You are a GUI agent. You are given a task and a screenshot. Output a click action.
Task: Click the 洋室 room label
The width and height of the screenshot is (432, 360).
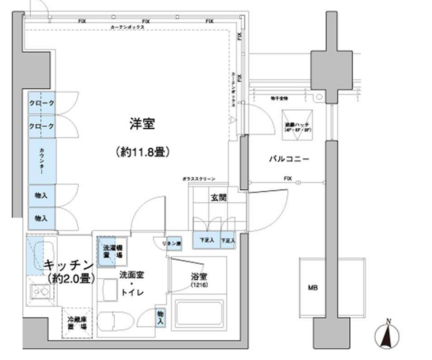tap(140, 124)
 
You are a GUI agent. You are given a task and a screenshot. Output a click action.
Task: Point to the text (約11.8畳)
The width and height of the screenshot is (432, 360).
tap(140, 152)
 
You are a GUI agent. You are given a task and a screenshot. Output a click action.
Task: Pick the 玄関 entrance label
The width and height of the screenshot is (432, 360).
tap(217, 198)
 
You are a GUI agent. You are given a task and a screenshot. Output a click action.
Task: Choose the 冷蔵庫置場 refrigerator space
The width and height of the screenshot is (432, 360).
tap(74, 322)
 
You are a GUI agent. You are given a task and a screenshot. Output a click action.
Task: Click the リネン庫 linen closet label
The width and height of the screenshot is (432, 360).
tap(171, 243)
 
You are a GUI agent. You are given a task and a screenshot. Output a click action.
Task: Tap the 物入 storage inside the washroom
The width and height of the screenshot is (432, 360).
tap(162, 319)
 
